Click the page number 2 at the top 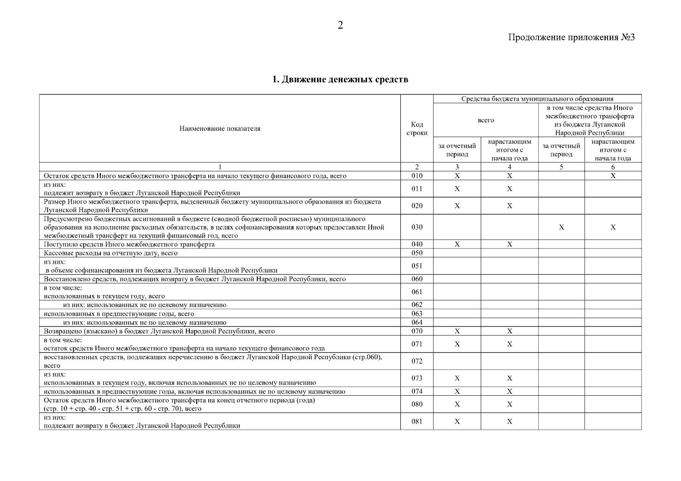tap(340, 26)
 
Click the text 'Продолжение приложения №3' tap(571, 38)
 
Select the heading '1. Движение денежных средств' tap(340, 79)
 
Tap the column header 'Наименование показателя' tap(220, 129)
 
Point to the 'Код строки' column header tap(417, 129)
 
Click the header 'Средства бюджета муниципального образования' tap(537, 99)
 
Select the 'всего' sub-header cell tap(486, 120)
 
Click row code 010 tap(417, 176)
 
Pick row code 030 tap(417, 227)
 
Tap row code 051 tap(417, 266)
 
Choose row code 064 tap(417, 322)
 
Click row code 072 tap(417, 361)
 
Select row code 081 tap(417, 422)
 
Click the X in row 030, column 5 tap(561, 227)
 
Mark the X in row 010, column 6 tap(613, 176)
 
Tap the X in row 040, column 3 tap(457, 244)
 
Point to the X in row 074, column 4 tap(510, 392)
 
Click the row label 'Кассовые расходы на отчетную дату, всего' tap(111, 253)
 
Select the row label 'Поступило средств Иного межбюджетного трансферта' tap(129, 244)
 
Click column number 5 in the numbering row tap(561, 167)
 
